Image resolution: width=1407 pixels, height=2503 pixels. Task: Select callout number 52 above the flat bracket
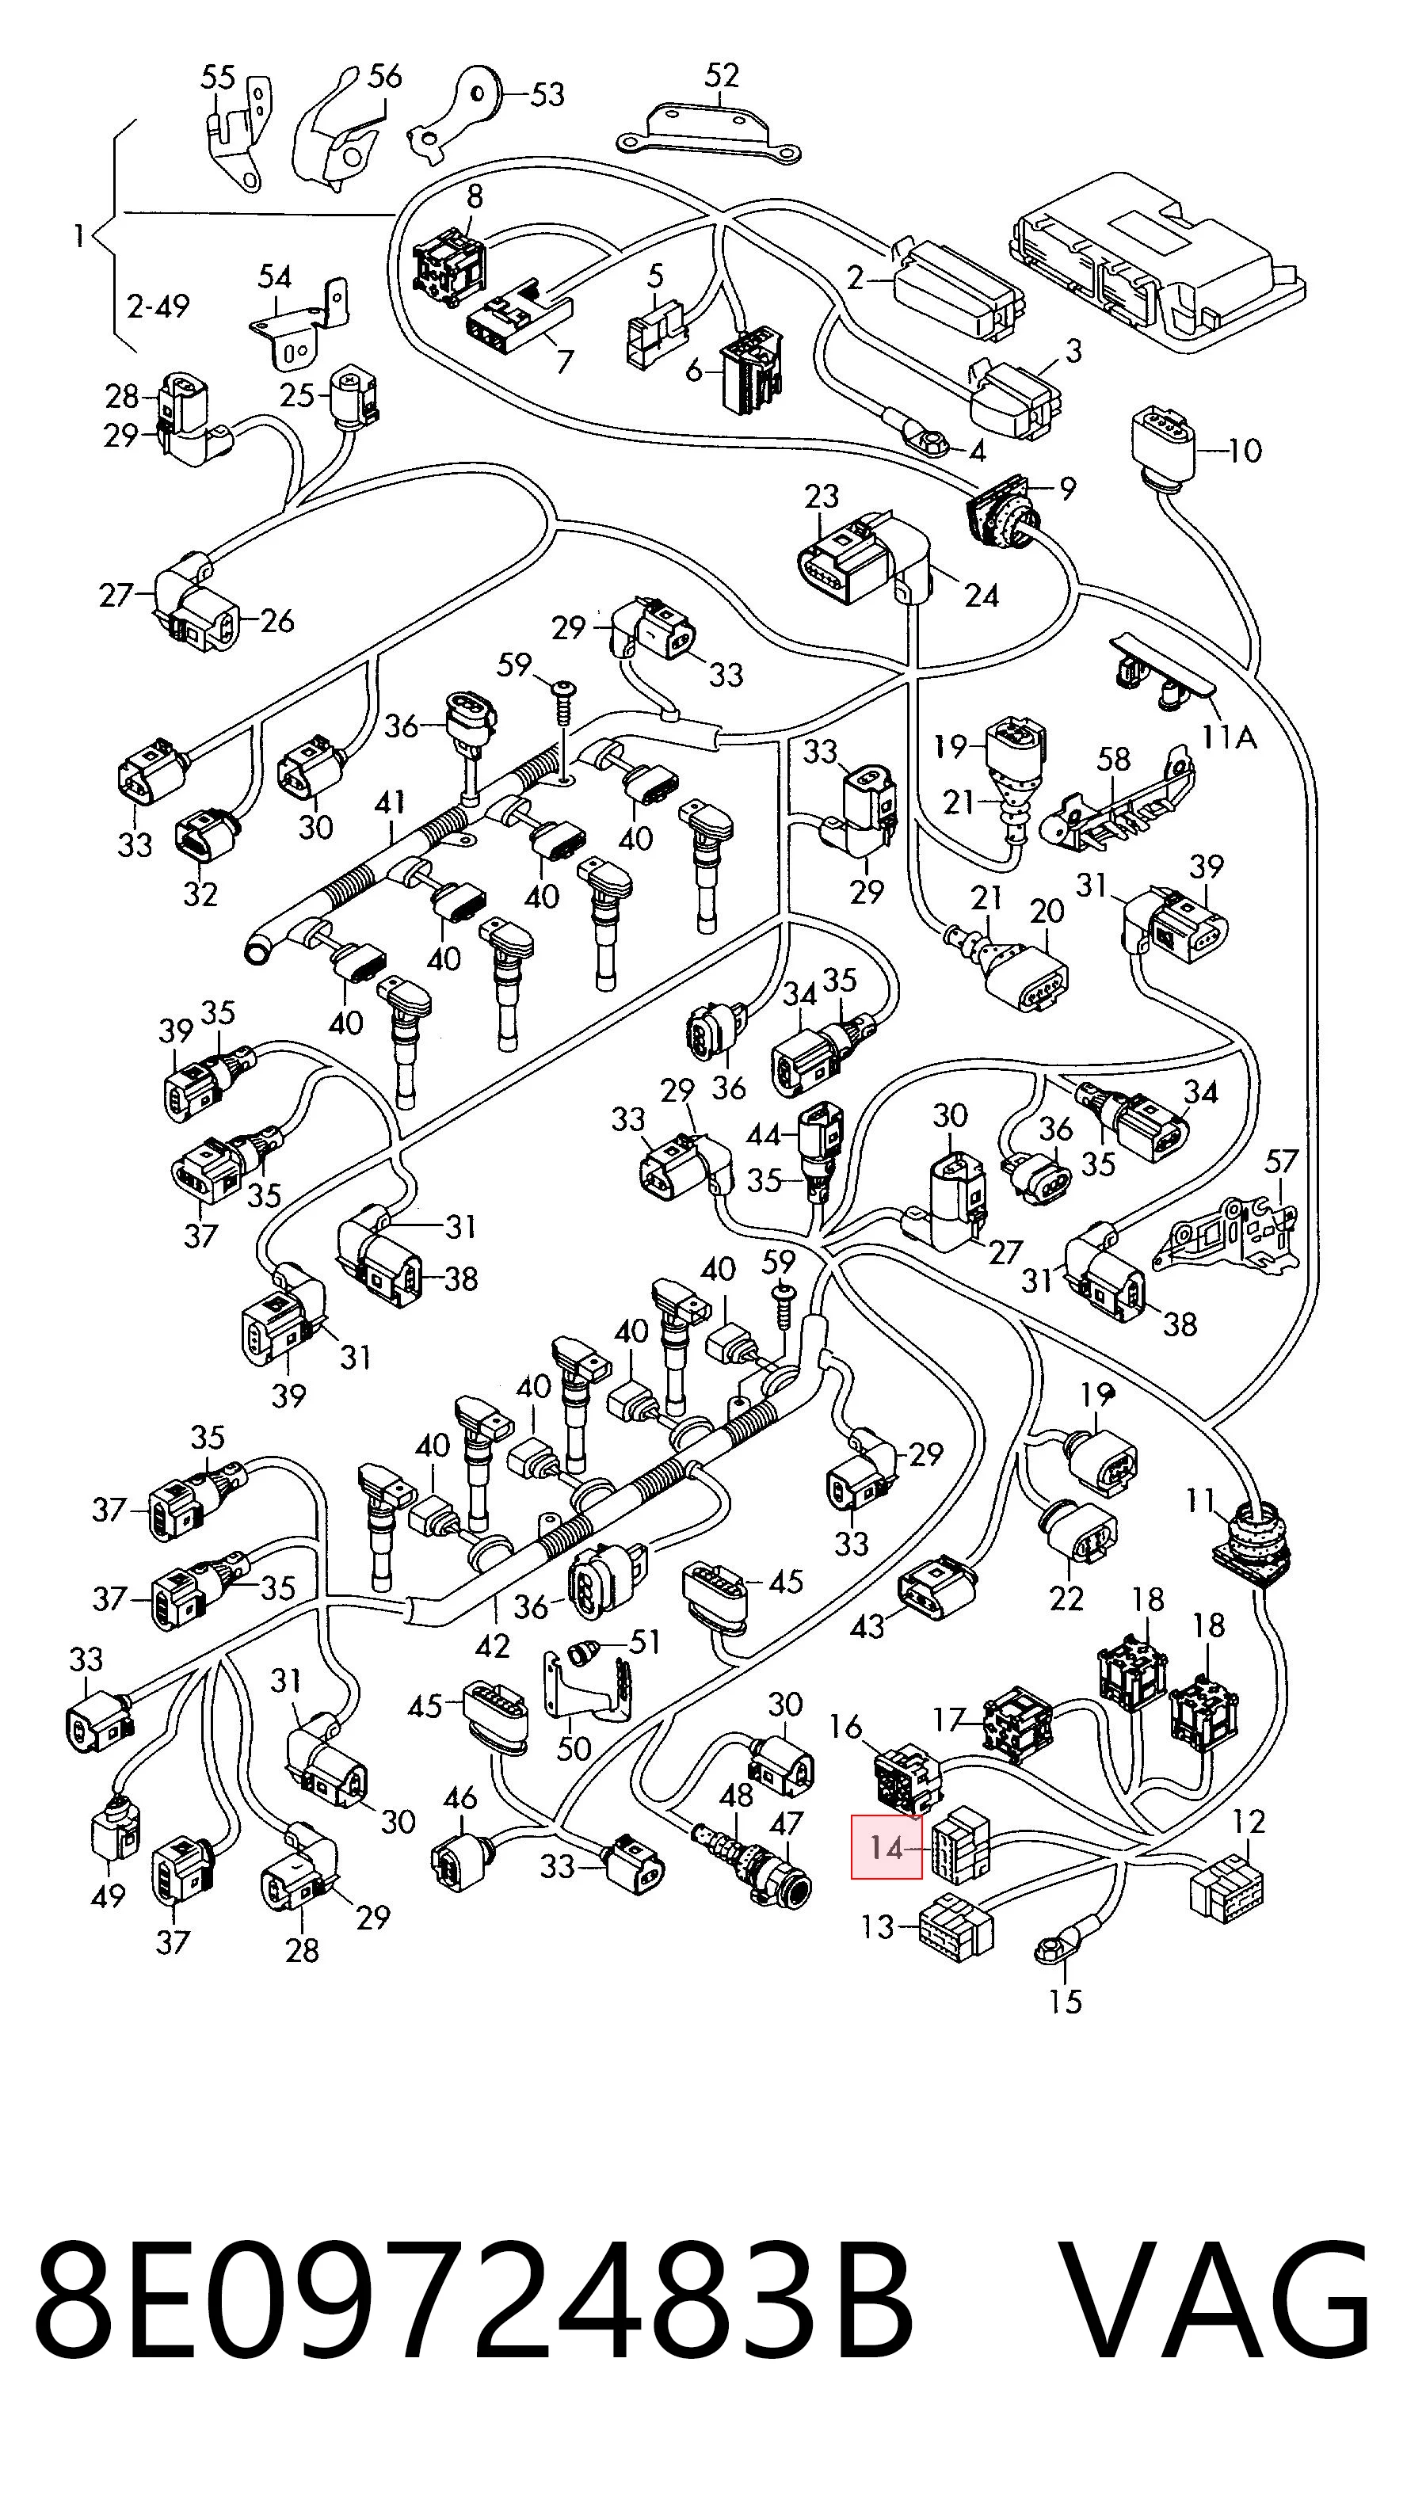point(721,76)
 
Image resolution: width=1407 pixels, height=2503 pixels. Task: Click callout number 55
point(218,77)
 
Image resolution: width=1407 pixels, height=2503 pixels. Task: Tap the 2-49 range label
point(158,306)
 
